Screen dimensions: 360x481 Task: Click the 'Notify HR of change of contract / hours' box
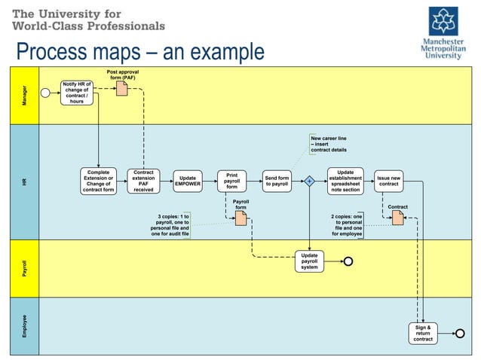pos(77,92)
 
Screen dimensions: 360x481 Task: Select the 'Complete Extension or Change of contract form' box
pos(100,181)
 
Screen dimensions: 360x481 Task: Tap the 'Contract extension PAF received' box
pos(143,181)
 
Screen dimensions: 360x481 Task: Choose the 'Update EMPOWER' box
pos(188,181)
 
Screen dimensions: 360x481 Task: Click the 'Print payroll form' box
pos(232,181)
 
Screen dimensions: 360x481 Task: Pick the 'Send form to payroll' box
pos(277,181)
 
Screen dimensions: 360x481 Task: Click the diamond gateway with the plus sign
pos(309,182)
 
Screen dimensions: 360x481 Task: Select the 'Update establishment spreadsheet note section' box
pos(345,181)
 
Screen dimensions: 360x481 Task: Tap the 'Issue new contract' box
pos(388,181)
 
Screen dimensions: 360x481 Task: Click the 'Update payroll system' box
pos(309,261)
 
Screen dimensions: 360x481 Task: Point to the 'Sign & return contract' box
pos(423,333)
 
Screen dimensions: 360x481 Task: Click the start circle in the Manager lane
pos(46,93)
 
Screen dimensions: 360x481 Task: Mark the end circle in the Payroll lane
pos(348,261)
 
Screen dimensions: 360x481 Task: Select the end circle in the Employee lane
pos(459,333)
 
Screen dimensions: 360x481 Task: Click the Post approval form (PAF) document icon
pos(121,89)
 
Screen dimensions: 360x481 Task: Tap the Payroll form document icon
pos(240,218)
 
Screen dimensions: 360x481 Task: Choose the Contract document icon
pos(397,218)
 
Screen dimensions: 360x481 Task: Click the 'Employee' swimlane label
pos(24,325)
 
